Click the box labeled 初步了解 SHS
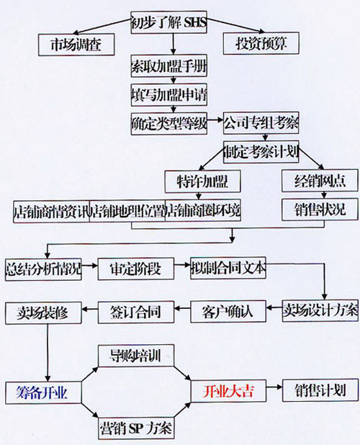[x=168, y=22]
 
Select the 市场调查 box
[x=76, y=45]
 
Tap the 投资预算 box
[x=261, y=43]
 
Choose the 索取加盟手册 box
[x=168, y=66]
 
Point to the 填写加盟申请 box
[x=168, y=95]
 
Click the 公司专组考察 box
[x=261, y=123]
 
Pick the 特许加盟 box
[x=202, y=181]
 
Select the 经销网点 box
[x=320, y=181]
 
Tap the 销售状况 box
[x=320, y=210]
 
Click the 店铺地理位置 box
[x=127, y=211]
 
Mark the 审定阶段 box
[x=136, y=269]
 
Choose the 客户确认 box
[x=228, y=311]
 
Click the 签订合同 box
[x=136, y=313]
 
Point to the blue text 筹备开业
[x=42, y=392]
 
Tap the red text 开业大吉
[x=228, y=392]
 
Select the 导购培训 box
[x=136, y=356]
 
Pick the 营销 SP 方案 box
[x=136, y=428]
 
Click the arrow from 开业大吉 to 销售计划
[x=274, y=387]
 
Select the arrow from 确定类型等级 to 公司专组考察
[x=215, y=120]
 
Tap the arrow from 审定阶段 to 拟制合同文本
[x=182, y=265]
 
